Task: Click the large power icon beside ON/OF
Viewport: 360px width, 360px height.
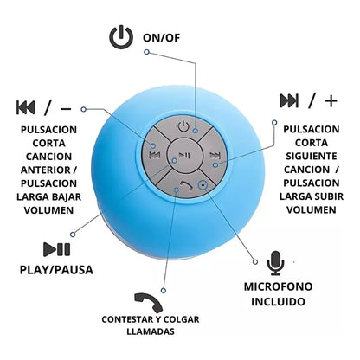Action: pos(121,37)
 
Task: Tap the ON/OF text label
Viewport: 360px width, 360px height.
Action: pos(162,38)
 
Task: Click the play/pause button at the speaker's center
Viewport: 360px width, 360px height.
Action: pos(184,156)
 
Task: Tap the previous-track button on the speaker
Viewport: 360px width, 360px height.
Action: pos(155,156)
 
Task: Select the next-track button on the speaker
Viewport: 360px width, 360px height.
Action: pos(215,156)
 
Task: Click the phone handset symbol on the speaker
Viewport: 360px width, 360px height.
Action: pos(186,185)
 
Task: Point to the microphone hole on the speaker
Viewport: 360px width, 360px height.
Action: pos(202,184)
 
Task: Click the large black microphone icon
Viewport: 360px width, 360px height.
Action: pos(275,263)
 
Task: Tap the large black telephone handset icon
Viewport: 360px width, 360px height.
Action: pos(149,303)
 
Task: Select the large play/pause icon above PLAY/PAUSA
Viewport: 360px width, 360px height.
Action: pos(57,249)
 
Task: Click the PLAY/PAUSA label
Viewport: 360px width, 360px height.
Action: pos(56,270)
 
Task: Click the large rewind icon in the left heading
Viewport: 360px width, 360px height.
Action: pos(26,107)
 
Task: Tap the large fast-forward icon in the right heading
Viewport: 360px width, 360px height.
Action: pos(289,100)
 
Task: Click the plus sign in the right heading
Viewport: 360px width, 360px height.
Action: pos(331,101)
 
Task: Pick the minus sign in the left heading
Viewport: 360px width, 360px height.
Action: pos(66,109)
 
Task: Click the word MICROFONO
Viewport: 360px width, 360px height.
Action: pos(279,286)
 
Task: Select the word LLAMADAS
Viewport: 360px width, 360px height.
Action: pos(151,331)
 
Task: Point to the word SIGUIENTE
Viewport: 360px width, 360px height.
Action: pos(312,156)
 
